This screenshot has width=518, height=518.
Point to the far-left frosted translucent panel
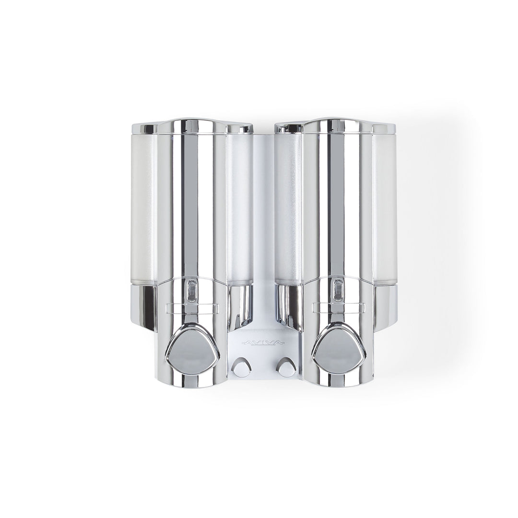[144, 209]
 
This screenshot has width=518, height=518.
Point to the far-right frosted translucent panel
[385, 209]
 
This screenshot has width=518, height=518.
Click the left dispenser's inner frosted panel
[240, 208]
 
